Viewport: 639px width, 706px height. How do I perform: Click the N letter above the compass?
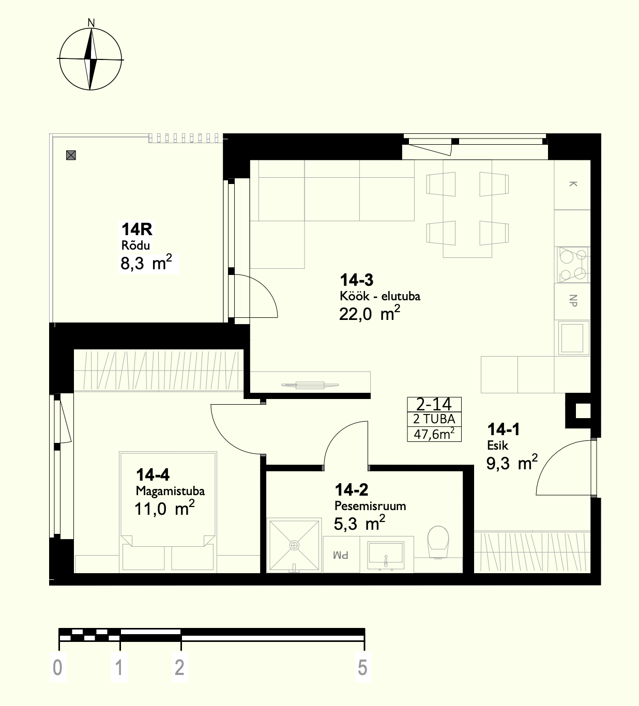pos(91,23)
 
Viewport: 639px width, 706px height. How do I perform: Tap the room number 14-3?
pos(356,281)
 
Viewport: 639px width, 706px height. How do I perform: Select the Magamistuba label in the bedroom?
pos(170,492)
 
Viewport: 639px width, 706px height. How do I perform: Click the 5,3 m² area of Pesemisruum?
pos(359,523)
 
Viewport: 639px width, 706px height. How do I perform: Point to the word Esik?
pos(497,446)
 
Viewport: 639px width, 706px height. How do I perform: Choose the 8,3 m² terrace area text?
pos(146,263)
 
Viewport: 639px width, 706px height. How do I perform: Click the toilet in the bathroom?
pos(438,542)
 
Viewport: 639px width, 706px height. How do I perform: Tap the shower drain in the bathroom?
pos(294,546)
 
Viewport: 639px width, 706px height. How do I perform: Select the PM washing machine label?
pos(341,556)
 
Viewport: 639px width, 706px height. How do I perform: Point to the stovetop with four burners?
pos(573,265)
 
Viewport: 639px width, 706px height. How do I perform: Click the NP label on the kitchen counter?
pos(573,300)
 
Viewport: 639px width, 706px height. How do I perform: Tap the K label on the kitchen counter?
pos(573,183)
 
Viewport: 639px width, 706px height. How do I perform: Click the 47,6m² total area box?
pos(434,434)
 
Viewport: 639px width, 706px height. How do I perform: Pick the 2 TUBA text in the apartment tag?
pos(434,419)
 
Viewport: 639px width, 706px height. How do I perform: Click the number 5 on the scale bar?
pos(362,668)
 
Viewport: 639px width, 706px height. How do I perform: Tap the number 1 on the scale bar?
pos(119,668)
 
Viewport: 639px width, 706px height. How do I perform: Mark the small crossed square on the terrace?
pos(71,155)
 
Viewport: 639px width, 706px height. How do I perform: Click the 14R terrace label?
pos(137,229)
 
